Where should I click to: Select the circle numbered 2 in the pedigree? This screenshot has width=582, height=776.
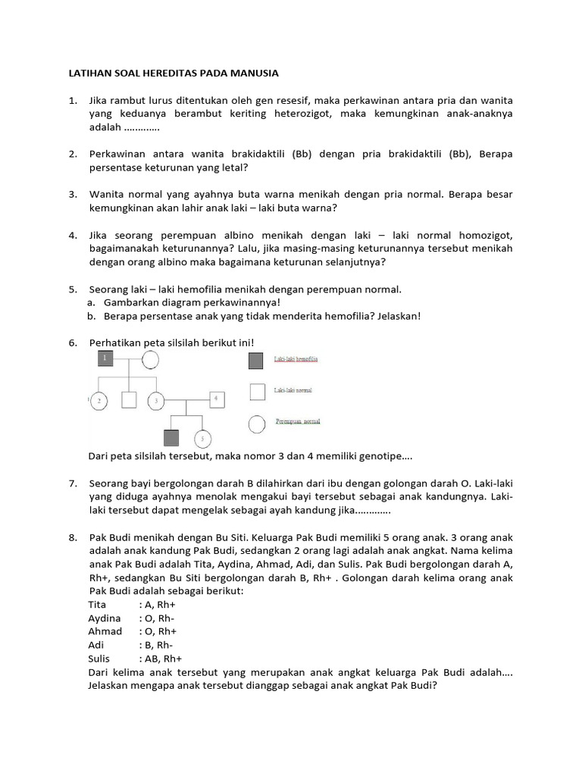101,399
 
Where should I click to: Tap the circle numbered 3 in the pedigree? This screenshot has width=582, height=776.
157,399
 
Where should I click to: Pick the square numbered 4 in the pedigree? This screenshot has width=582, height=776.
216,398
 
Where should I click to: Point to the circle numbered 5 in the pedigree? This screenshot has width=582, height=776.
202,439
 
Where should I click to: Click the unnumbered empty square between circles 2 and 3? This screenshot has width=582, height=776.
130,399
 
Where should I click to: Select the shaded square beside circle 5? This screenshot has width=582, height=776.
171,438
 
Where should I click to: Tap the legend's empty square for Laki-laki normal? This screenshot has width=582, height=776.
258,391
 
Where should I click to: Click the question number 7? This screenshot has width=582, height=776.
73,483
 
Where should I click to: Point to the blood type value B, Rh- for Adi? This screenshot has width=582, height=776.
155,645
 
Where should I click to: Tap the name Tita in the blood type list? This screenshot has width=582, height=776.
97,605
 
